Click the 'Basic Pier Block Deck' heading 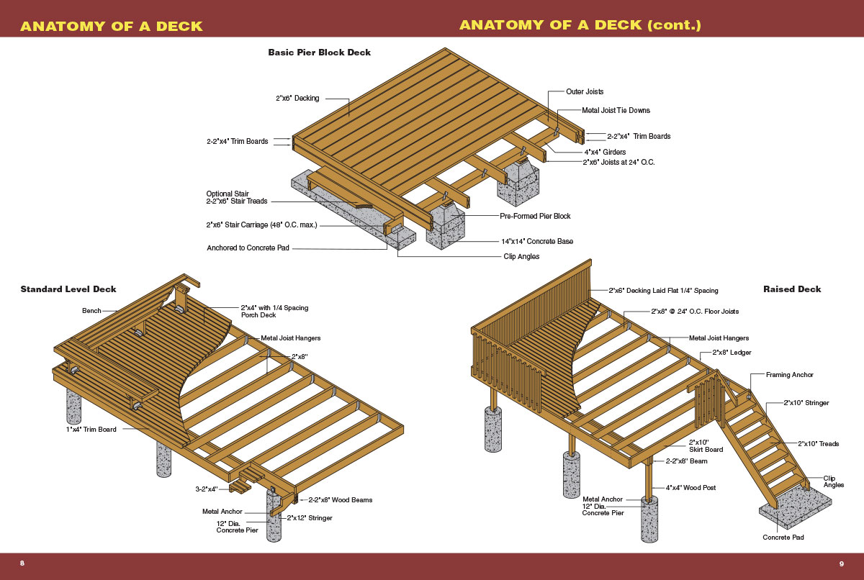coord(319,53)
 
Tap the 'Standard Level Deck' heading coord(68,289)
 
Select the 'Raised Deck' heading coord(792,289)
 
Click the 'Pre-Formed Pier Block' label coord(535,216)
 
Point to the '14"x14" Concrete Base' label coord(537,241)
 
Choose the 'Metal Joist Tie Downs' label coord(616,110)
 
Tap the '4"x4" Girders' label coord(605,152)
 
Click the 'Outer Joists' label coord(585,92)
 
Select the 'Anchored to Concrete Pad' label coord(249,248)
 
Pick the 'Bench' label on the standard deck coord(91,311)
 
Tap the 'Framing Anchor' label coord(790,375)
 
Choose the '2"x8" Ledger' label coord(732,353)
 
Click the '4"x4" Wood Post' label coord(690,488)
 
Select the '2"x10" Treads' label coord(818,444)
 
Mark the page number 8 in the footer coord(22,563)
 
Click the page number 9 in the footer coord(841,563)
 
